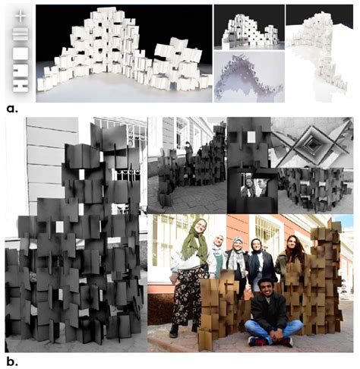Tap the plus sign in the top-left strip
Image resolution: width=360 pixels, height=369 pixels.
coord(21,14)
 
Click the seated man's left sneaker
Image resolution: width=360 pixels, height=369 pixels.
coord(255,341)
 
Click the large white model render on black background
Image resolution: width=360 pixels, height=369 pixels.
coord(122,53)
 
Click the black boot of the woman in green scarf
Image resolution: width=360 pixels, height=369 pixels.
coord(175,331)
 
